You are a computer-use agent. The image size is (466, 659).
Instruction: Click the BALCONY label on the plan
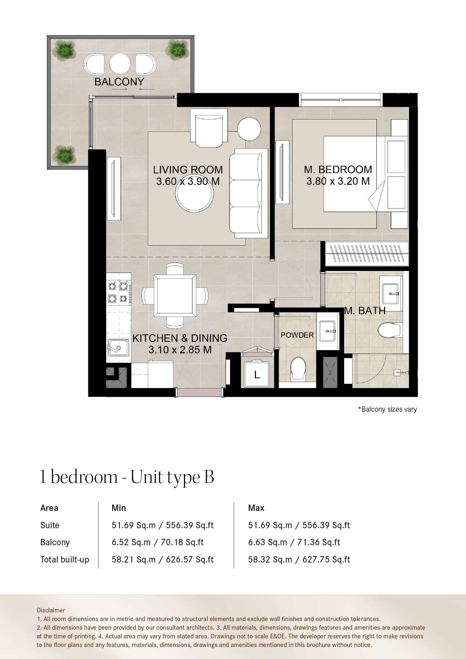pyautogui.click(x=119, y=82)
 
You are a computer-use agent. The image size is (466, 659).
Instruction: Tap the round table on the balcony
pyautogui.click(x=120, y=64)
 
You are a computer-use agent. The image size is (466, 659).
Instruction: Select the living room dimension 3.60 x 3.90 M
pyautogui.click(x=188, y=181)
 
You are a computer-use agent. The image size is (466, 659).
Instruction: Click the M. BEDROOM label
pyautogui.click(x=338, y=169)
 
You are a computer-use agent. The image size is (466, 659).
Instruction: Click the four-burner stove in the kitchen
pyautogui.click(x=118, y=292)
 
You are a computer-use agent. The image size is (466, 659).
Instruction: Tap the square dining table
pyautogui.click(x=175, y=296)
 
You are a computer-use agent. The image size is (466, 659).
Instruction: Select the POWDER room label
pyautogui.click(x=297, y=335)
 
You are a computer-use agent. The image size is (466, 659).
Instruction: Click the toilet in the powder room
pyautogui.click(x=298, y=369)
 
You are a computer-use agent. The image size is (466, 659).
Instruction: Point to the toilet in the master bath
pyautogui.click(x=389, y=330)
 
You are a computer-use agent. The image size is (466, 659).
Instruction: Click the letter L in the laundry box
pyautogui.click(x=257, y=375)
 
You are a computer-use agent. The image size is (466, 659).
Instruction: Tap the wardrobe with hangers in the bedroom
pyautogui.click(x=367, y=253)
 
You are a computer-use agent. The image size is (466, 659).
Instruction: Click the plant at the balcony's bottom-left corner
pyautogui.click(x=64, y=155)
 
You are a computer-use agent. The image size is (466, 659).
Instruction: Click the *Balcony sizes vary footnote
pyautogui.click(x=387, y=409)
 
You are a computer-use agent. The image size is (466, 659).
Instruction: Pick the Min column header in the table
pyautogui.click(x=119, y=508)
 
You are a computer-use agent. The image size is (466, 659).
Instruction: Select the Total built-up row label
pyautogui.click(x=65, y=559)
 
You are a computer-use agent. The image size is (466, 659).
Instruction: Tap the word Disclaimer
pyautogui.click(x=51, y=610)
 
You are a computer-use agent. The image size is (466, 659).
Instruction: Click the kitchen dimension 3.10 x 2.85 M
pyautogui.click(x=180, y=350)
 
